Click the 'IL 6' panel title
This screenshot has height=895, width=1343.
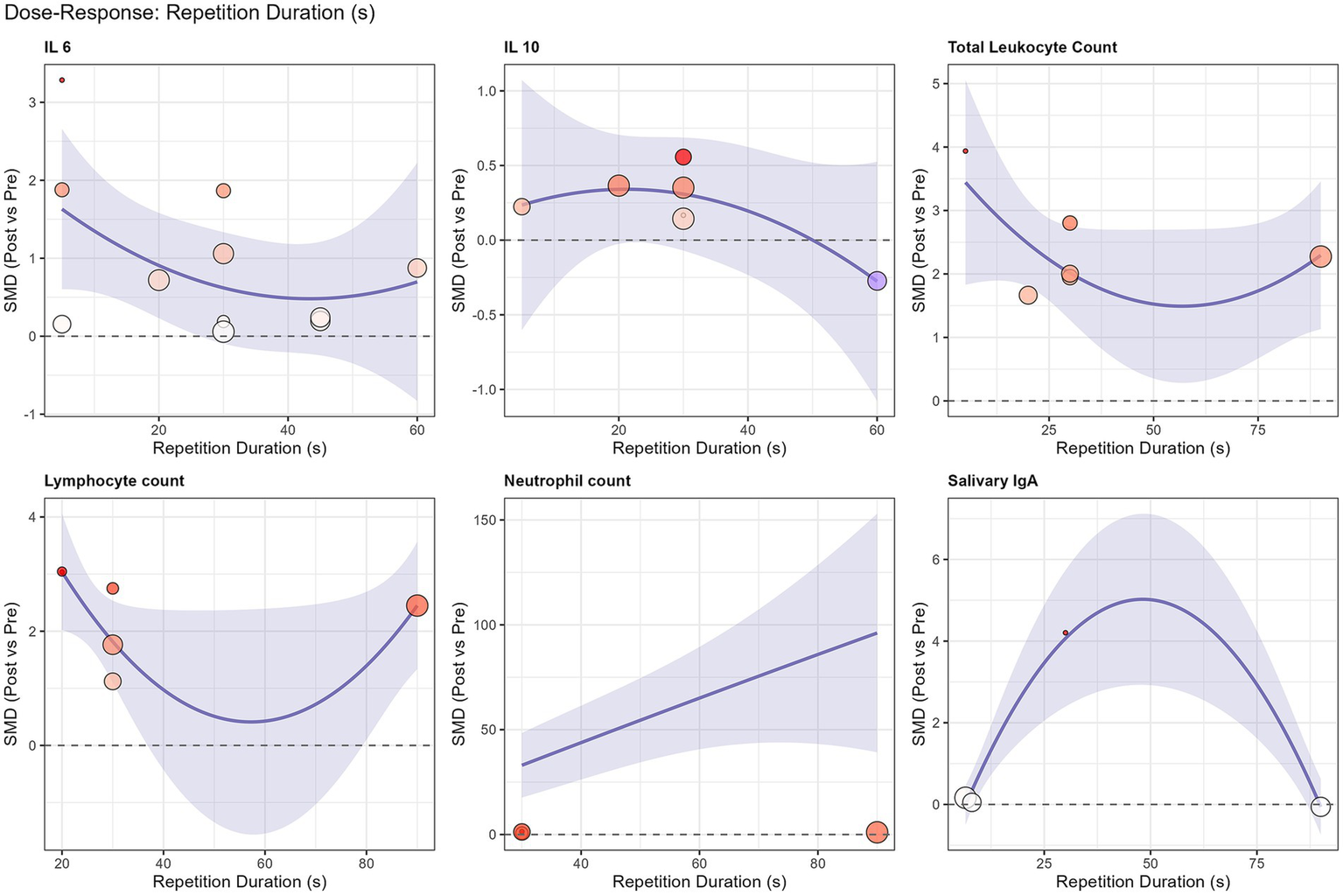coord(58,47)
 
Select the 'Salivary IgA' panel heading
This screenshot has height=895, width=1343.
coord(992,481)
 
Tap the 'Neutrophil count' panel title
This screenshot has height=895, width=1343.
coord(567,481)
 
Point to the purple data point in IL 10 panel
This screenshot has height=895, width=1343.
coord(877,281)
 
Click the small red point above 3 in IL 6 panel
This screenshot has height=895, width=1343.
coord(62,80)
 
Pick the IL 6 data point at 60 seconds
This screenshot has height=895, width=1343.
coord(416,268)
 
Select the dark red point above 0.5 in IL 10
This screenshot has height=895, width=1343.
coord(683,157)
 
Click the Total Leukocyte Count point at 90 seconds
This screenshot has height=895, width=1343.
coord(1320,257)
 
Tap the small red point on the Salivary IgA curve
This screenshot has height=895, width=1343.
coord(1065,633)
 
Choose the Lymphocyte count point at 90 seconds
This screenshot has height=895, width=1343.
coord(416,605)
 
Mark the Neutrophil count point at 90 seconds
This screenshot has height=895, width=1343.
coord(877,832)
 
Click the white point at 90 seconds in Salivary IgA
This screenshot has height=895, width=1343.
coord(1320,807)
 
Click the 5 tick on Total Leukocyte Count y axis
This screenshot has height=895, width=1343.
coord(936,84)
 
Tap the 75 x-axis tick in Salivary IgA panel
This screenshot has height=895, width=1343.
coord(1258,864)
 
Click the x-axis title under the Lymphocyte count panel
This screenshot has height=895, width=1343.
coord(239,882)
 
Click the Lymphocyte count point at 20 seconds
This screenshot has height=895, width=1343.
coord(62,571)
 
